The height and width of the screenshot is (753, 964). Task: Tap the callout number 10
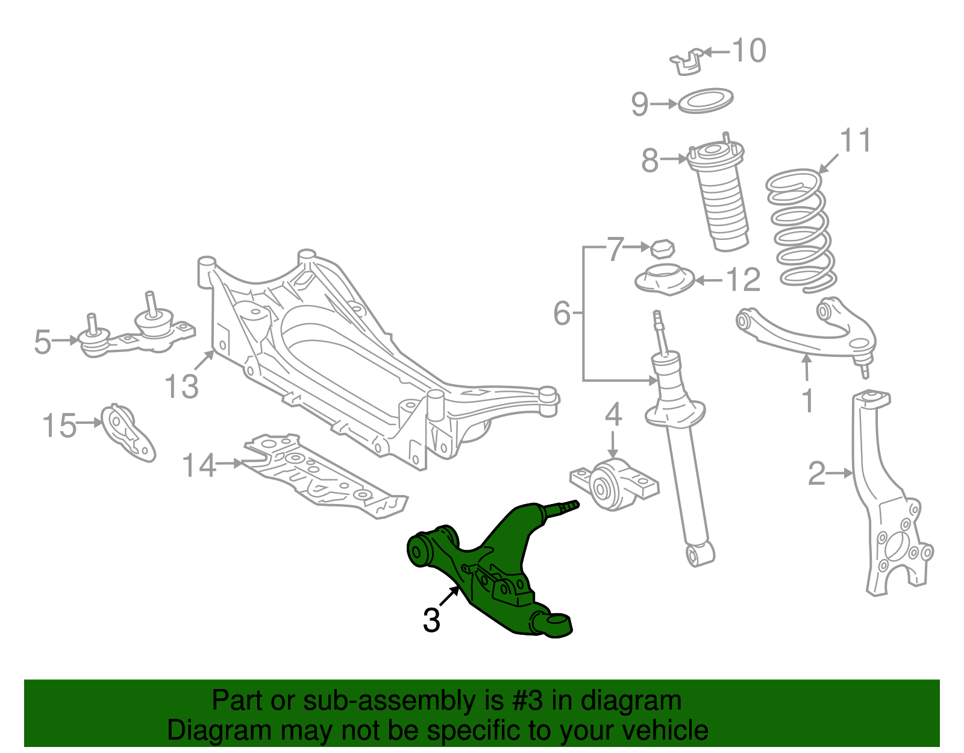(749, 51)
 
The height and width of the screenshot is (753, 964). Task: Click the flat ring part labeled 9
(706, 101)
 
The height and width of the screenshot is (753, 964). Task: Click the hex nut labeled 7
(662, 248)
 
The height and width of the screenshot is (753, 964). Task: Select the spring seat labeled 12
(665, 281)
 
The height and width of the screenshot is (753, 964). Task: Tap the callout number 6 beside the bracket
(562, 313)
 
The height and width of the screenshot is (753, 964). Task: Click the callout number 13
(181, 386)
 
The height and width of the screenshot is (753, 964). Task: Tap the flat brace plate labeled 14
(325, 476)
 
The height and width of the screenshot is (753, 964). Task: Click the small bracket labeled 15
(128, 433)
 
